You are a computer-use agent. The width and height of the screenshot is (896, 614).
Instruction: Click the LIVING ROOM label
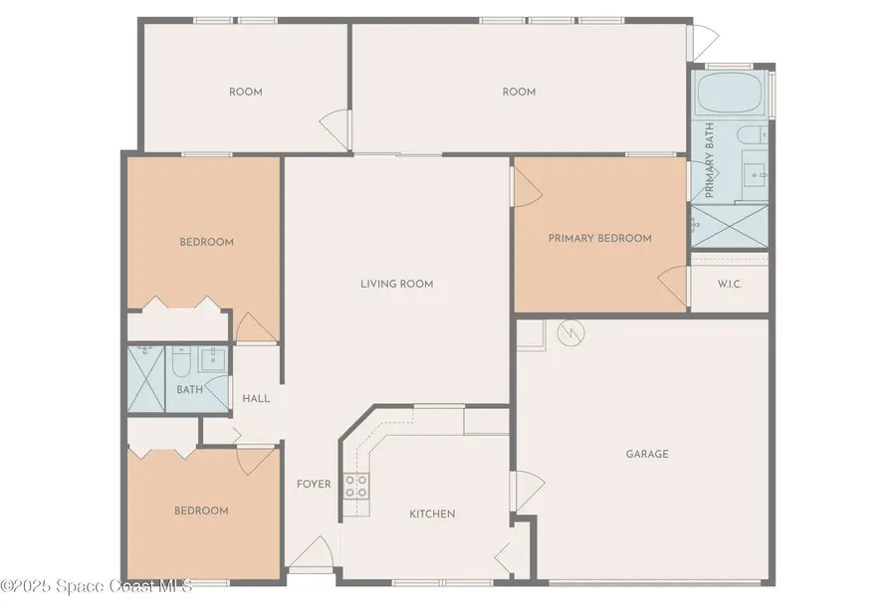[396, 284]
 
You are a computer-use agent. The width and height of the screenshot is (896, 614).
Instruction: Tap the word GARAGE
[646, 454]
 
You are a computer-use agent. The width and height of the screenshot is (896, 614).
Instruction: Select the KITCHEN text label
[432, 513]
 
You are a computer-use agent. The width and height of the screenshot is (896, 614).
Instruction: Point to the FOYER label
[314, 485]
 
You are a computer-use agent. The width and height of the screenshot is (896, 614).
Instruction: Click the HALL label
[256, 398]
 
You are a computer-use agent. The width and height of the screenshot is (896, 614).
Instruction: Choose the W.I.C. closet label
[730, 284]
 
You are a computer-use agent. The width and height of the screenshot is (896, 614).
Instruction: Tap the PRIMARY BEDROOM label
[599, 238]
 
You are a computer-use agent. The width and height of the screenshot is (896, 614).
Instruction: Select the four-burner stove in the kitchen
[355, 486]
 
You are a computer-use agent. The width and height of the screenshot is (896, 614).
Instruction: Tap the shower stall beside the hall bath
[146, 379]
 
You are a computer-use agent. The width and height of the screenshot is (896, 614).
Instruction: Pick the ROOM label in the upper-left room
[245, 92]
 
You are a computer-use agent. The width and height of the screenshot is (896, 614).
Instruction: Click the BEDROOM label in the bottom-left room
[201, 511]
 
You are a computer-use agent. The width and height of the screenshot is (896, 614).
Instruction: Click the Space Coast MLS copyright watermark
[97, 585]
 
